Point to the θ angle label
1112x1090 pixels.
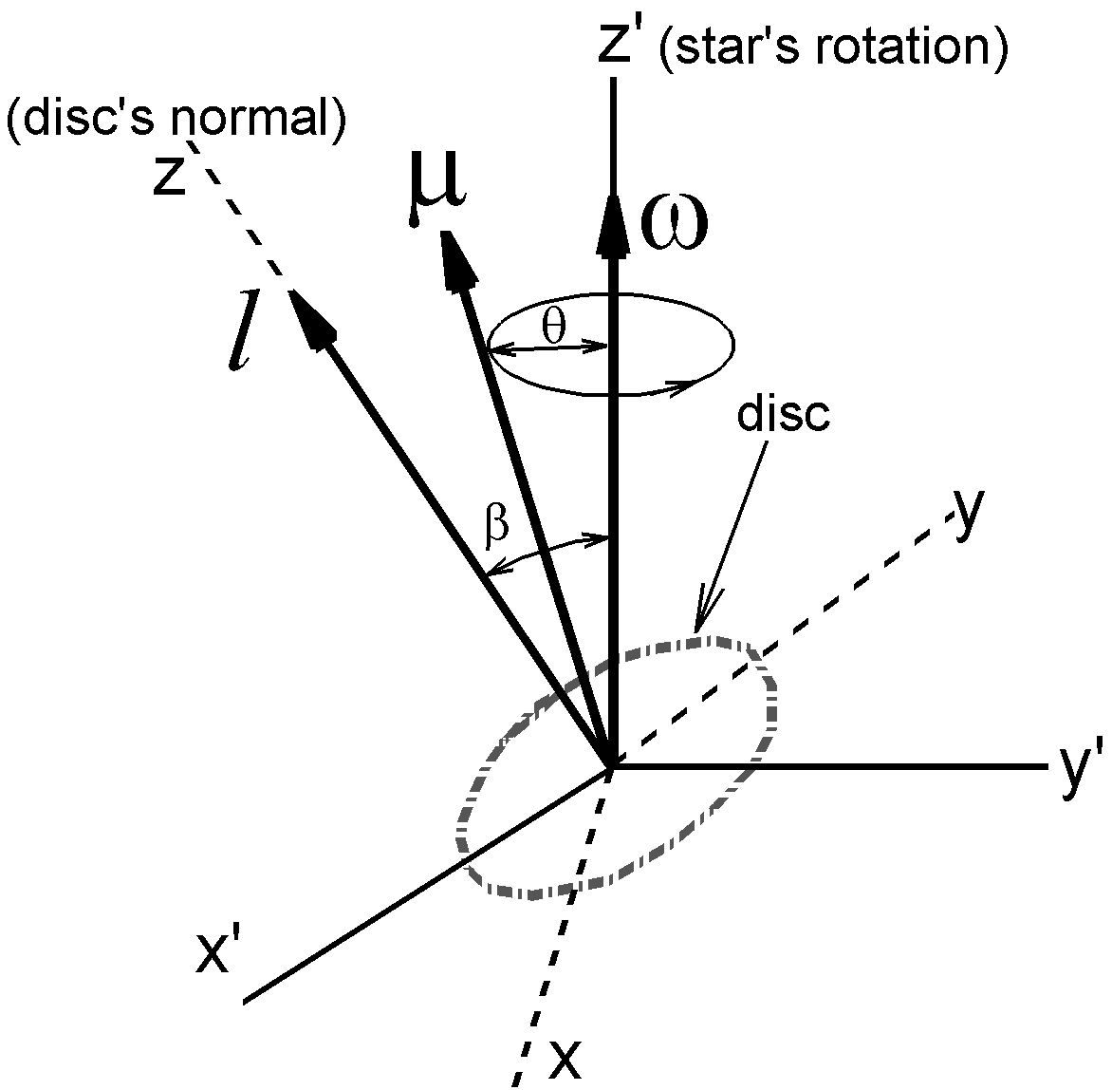coord(553,326)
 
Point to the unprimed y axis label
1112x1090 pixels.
coord(965,514)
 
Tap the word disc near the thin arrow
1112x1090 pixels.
coord(783,415)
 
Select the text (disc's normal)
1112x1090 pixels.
coord(176,122)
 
